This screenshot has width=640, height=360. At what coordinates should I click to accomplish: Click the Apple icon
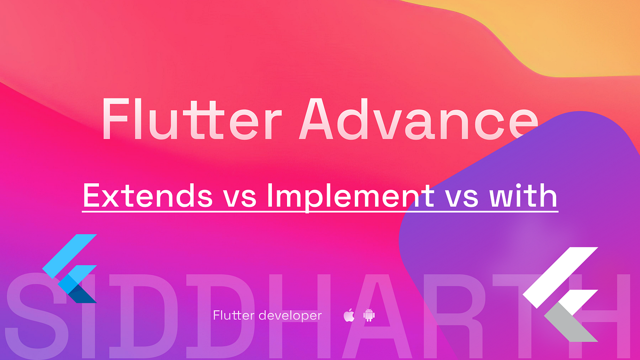coord(349,315)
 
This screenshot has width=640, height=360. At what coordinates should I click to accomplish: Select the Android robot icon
coord(369,315)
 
